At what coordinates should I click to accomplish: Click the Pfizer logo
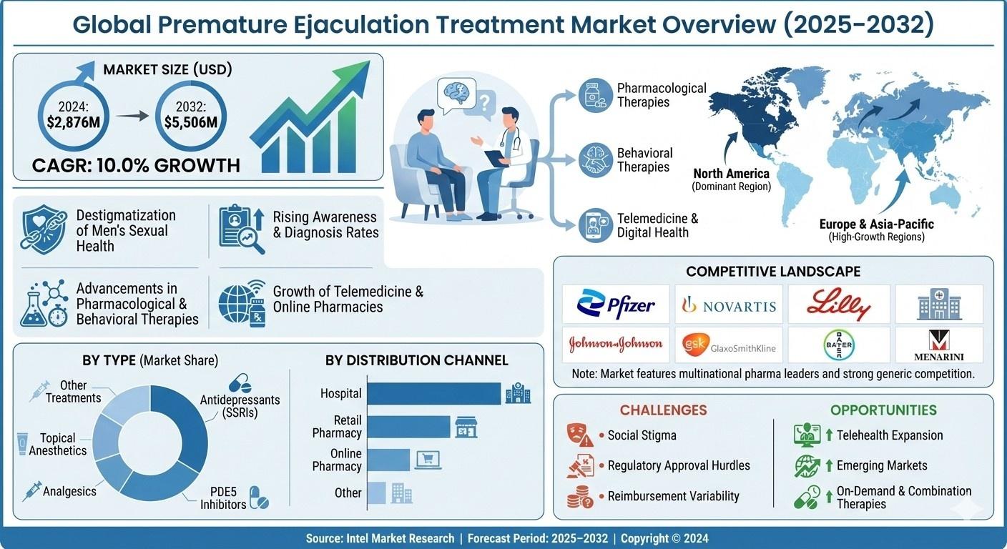tap(616, 304)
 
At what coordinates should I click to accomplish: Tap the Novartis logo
tap(729, 305)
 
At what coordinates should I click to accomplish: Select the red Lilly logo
tap(838, 304)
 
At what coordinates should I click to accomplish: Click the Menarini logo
tap(938, 345)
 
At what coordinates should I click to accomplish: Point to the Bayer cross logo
tap(839, 345)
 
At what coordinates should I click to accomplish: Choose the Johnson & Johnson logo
tap(616, 344)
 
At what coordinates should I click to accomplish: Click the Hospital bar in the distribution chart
tap(434, 394)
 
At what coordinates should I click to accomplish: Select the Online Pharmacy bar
tap(388, 460)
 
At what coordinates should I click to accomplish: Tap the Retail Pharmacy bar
tap(408, 426)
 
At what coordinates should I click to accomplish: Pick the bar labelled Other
tap(376, 493)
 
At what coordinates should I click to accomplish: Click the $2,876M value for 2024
tap(73, 122)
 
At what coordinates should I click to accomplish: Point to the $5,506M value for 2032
tap(191, 122)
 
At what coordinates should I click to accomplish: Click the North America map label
tap(732, 174)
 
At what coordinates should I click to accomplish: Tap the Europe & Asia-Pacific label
tap(877, 224)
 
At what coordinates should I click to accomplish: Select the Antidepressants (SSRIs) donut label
tap(240, 406)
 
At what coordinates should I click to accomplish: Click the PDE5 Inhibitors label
tap(223, 498)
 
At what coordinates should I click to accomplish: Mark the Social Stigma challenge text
tap(642, 435)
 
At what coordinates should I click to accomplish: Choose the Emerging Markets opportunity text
tap(882, 465)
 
